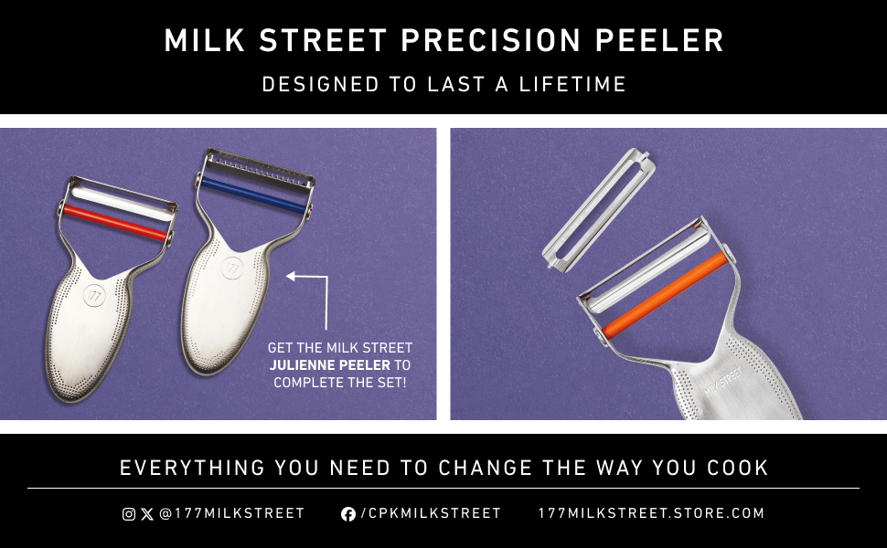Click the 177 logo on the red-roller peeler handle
(94, 295)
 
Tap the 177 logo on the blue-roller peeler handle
(231, 269)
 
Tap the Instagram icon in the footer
(129, 514)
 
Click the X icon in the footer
(147, 514)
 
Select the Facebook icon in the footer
(347, 514)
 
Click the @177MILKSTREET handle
(231, 514)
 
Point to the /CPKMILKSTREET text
(431, 514)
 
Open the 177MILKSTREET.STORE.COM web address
(651, 514)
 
